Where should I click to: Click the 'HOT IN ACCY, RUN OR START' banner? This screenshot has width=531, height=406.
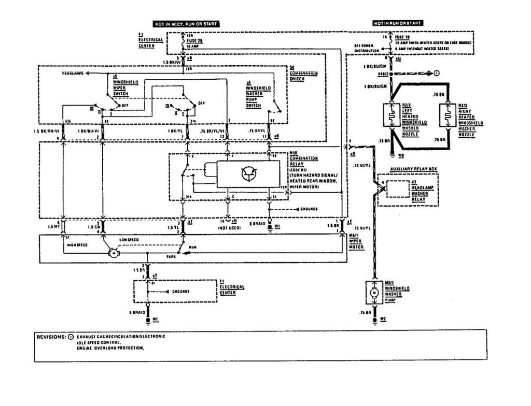(x=185, y=24)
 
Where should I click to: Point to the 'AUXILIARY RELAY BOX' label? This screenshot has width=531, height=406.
(x=413, y=169)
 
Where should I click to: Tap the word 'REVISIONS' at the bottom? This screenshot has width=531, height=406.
(x=51, y=337)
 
